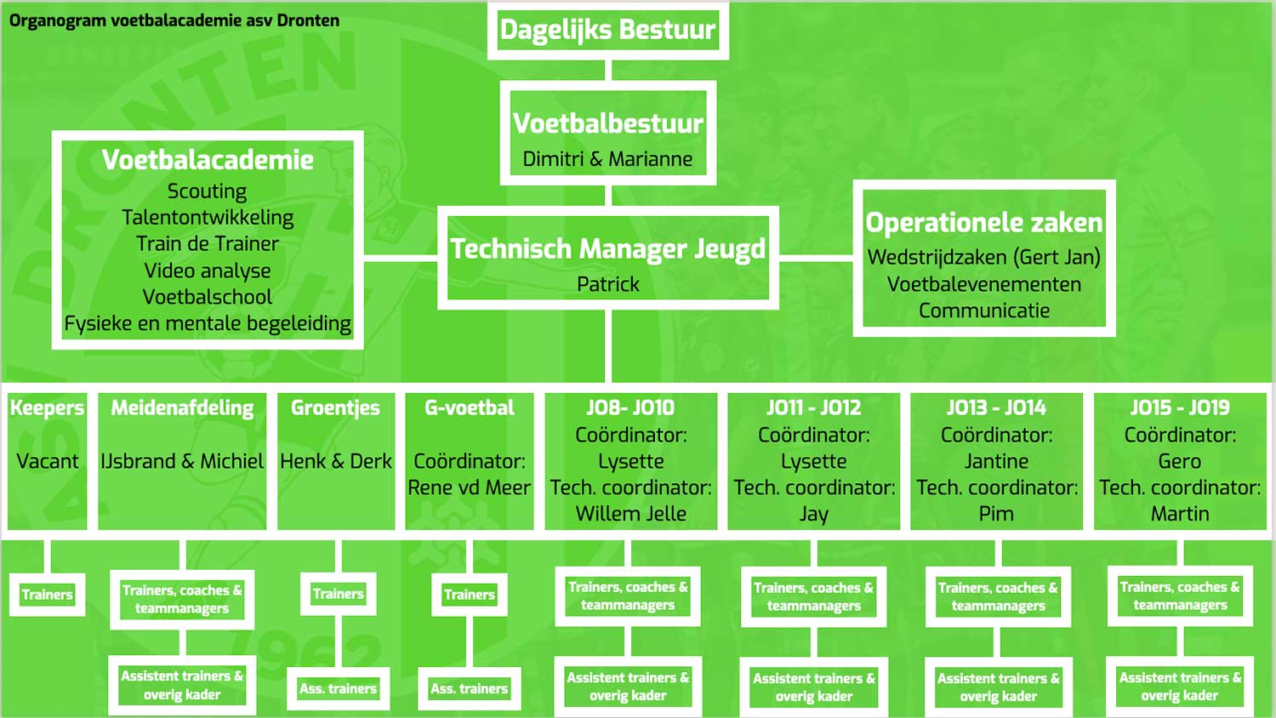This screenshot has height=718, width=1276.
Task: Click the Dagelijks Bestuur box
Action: click(x=607, y=30)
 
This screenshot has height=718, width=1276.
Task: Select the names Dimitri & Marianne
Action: click(x=607, y=159)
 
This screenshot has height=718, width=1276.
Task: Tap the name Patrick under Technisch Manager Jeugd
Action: click(x=607, y=284)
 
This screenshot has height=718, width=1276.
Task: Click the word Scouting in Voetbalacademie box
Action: click(x=207, y=191)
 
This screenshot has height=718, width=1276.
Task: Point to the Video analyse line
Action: click(x=207, y=271)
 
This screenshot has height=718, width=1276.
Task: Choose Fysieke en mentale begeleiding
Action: click(x=207, y=323)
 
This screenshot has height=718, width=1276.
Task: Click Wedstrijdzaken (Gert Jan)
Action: click(x=983, y=257)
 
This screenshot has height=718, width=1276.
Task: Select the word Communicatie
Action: click(x=983, y=311)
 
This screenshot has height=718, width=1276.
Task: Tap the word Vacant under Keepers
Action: click(x=47, y=461)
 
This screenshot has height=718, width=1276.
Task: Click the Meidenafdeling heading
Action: click(x=182, y=408)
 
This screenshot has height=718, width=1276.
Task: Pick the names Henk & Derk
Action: click(x=336, y=461)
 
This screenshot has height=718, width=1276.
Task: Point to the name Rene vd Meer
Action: click(x=469, y=487)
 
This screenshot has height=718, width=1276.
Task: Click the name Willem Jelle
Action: click(x=630, y=514)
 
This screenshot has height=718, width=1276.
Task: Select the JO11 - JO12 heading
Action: click(x=813, y=408)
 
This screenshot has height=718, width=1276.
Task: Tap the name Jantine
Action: click(x=996, y=461)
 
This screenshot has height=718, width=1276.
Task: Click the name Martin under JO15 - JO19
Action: click(x=1179, y=514)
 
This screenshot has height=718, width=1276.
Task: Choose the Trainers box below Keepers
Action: click(x=47, y=595)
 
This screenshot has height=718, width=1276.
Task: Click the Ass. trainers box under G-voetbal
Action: click(x=469, y=688)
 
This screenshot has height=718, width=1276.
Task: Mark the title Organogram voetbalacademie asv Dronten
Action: click(x=174, y=20)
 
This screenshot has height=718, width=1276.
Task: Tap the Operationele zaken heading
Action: click(x=983, y=223)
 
